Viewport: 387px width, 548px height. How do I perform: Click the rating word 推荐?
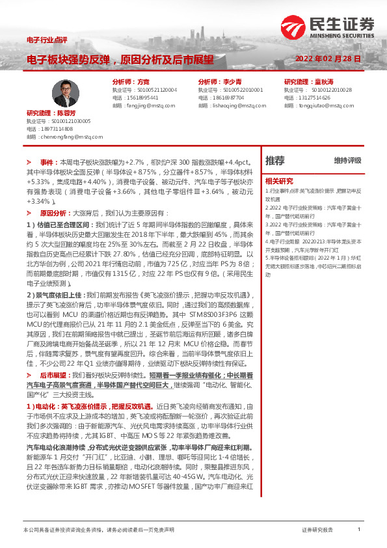coord(275,160)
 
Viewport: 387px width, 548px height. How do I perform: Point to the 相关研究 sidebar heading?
coord(279,180)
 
